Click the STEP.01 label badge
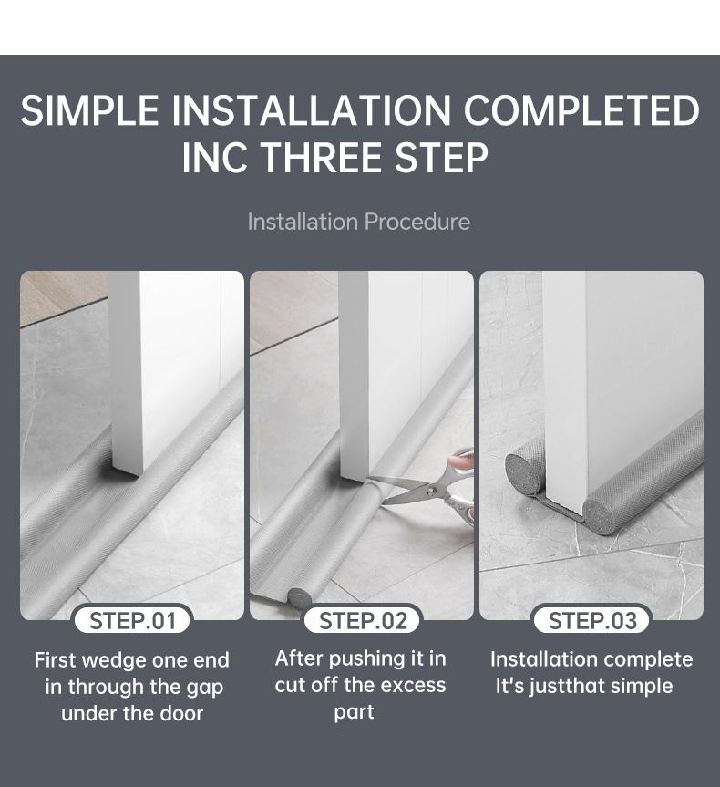[132, 621]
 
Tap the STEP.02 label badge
[362, 621]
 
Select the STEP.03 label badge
[592, 621]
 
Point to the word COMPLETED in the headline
[581, 110]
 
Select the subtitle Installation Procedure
[359, 222]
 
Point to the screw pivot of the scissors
[431, 491]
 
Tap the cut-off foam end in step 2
[299, 598]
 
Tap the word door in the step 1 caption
[181, 713]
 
